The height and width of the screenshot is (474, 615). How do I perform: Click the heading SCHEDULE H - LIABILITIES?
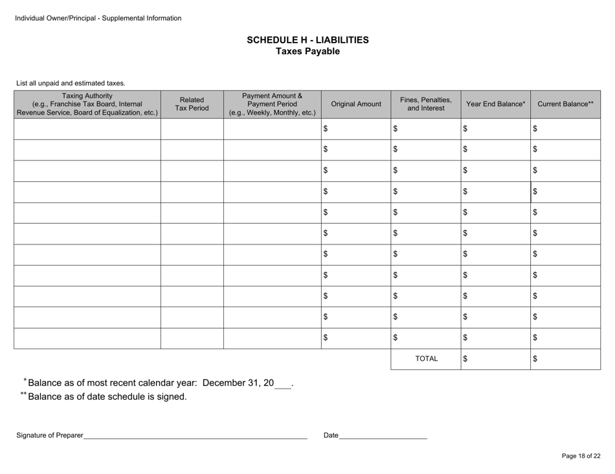[307, 40]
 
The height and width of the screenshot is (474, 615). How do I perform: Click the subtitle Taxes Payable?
[307, 52]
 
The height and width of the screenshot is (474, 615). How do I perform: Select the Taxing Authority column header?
[87, 103]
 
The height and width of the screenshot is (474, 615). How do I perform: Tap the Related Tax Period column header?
[192, 103]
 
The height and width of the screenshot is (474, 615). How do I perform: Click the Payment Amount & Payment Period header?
[272, 103]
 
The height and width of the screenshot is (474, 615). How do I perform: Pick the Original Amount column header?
[355, 103]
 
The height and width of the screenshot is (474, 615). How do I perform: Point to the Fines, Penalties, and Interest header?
[425, 103]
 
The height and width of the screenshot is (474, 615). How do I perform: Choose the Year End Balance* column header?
[496, 103]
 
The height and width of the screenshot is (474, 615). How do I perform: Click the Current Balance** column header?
[565, 103]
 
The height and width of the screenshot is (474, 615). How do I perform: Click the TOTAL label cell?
[425, 358]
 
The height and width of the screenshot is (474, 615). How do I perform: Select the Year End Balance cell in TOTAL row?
[496, 358]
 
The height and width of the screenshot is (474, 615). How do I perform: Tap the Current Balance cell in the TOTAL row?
[565, 358]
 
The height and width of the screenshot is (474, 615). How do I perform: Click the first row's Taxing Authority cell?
[87, 129]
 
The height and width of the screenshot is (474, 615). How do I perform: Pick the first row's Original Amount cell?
[355, 129]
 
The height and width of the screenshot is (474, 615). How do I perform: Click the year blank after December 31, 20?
[283, 383]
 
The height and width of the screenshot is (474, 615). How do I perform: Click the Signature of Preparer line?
[195, 435]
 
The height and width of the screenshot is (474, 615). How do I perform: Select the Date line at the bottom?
[383, 435]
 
